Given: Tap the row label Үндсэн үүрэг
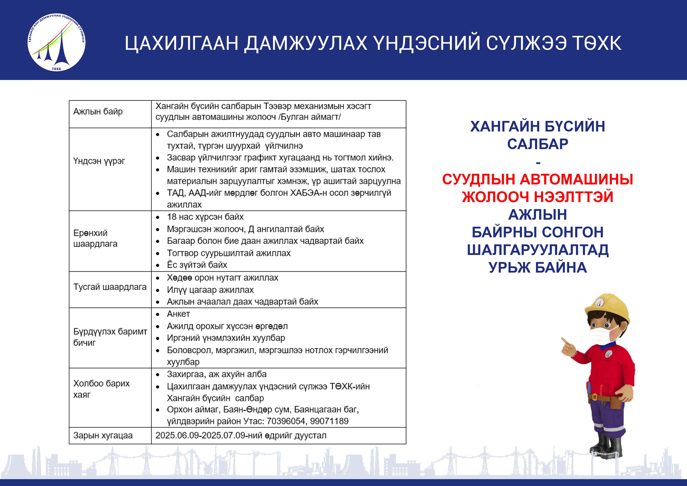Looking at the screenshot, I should click(99, 161).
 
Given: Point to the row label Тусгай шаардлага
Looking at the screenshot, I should click(110, 287).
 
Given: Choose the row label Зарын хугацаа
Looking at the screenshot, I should click(103, 435).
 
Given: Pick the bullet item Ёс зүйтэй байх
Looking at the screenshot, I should click(197, 265).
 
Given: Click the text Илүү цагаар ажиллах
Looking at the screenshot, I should click(210, 290).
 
